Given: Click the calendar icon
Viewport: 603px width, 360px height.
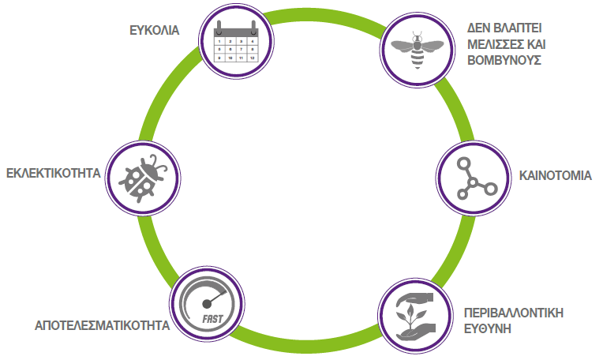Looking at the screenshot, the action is coord(236,42).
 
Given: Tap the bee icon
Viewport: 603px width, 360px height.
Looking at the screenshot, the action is coord(418,50).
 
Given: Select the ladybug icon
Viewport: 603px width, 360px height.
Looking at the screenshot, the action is coord(143,178).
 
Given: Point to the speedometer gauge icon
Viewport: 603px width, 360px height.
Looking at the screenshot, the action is coord(207,304).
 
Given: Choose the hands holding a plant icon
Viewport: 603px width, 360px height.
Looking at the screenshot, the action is coord(415,316).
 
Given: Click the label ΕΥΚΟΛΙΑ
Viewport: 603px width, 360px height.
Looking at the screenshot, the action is coord(154,30).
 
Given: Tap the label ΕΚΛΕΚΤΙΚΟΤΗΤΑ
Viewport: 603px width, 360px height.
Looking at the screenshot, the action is coord(54,173).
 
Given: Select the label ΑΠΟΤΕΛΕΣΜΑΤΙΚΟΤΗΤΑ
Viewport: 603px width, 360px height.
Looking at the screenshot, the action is coord(103,326).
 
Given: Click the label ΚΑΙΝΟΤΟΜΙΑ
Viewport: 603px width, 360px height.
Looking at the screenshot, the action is coord(556,176).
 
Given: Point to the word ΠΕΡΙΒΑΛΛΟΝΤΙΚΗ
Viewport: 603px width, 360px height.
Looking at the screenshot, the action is coord(514,313).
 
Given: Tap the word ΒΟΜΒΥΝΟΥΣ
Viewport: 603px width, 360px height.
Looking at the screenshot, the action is coord(504,60).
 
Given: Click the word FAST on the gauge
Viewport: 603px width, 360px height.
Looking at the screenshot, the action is coord(212,319).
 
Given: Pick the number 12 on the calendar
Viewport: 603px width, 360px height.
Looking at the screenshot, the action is coord(252,58).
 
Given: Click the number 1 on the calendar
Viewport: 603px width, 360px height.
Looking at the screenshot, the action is coord(219,41).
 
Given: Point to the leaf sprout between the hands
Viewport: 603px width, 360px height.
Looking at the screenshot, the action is coord(410,315).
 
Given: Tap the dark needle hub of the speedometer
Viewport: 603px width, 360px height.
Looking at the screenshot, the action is coord(207,304).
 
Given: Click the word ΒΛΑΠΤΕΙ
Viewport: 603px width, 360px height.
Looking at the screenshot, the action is coord(517,28).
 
